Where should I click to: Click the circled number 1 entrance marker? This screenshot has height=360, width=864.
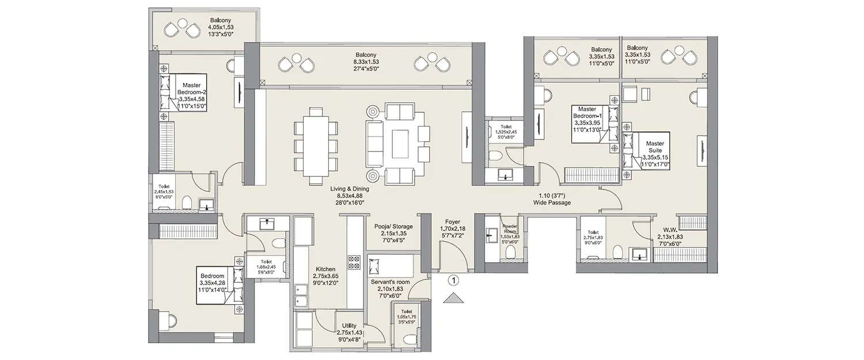[x=454, y=282]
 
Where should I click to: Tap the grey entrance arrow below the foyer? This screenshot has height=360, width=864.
[x=454, y=298]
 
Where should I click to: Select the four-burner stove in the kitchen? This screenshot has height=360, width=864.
[x=353, y=263]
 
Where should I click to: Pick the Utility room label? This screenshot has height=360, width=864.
[x=349, y=333]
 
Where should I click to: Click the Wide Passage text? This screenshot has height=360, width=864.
[x=551, y=199]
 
